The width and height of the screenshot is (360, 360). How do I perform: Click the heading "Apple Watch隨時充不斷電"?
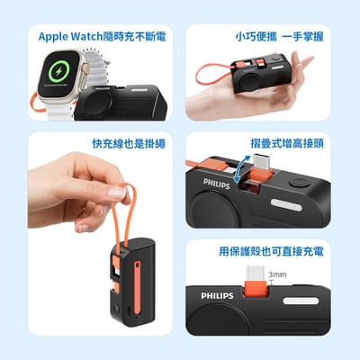pyautogui.click(x=101, y=37)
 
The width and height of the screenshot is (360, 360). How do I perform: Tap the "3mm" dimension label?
pyautogui.click(x=277, y=274)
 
